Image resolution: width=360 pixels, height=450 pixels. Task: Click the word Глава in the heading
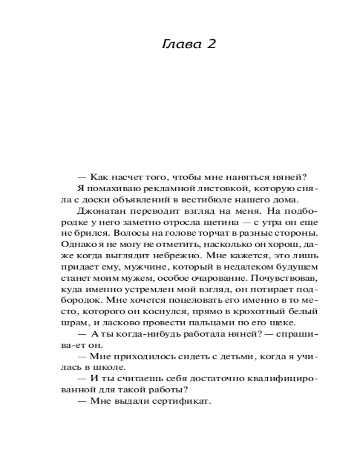point(178,45)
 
